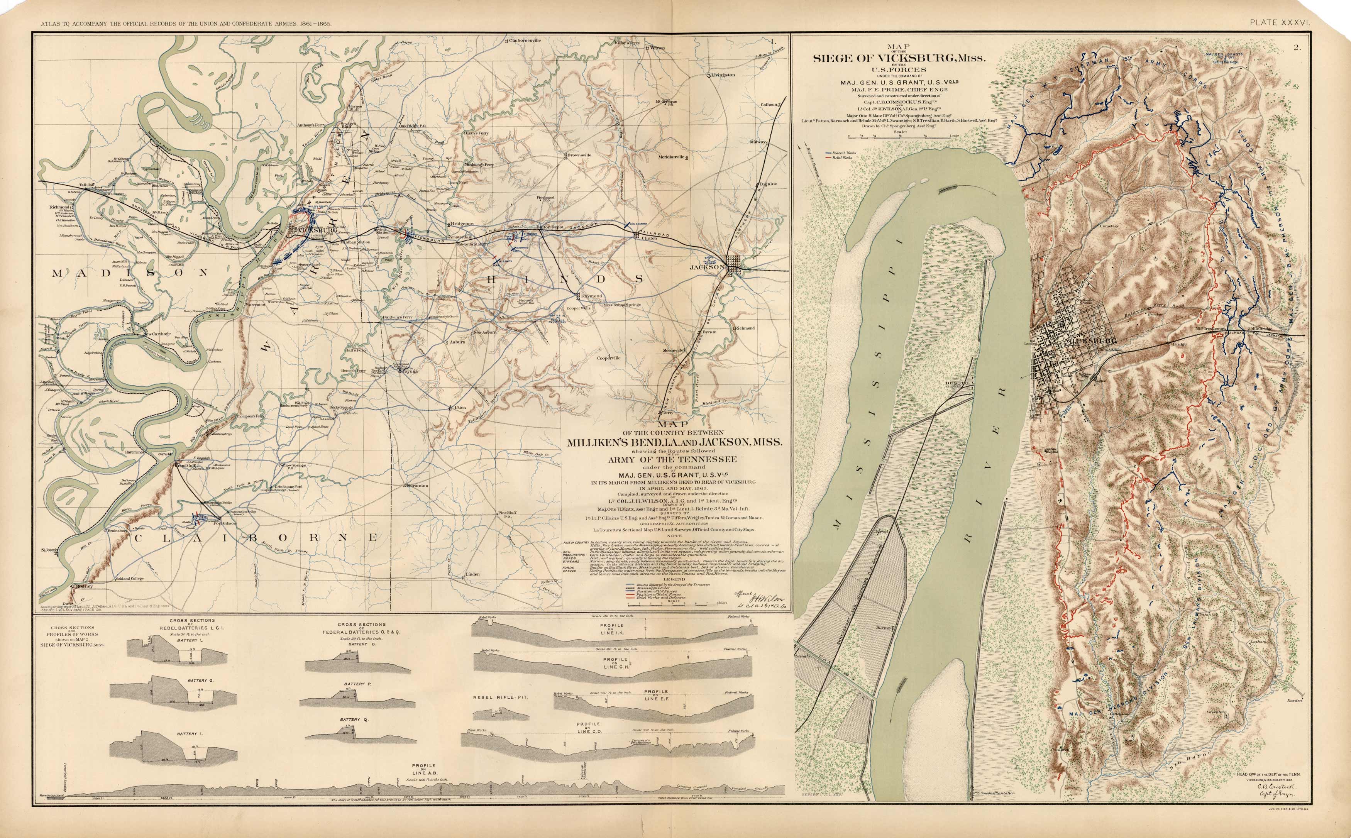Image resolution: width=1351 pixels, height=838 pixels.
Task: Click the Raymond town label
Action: click(591, 296)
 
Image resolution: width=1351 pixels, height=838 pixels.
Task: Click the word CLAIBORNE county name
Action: click(255, 537)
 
